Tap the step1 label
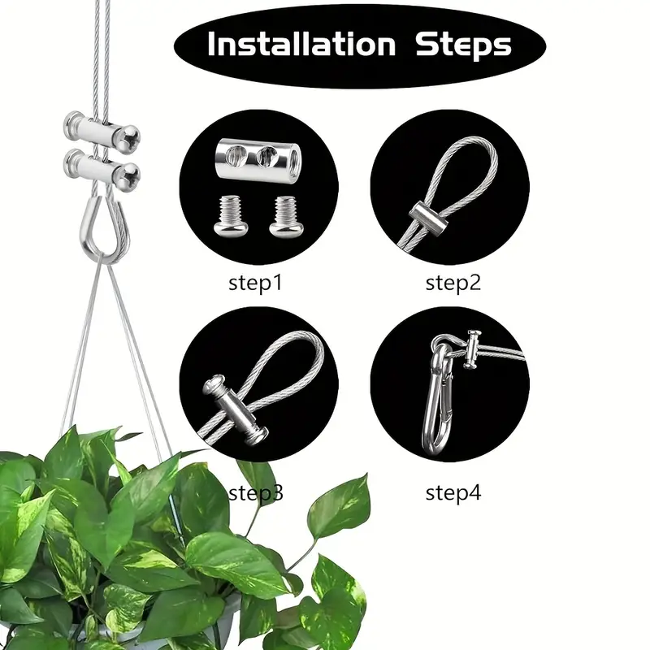(x=257, y=284)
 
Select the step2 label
(x=453, y=284)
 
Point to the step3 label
(x=257, y=492)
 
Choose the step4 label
(x=453, y=492)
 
